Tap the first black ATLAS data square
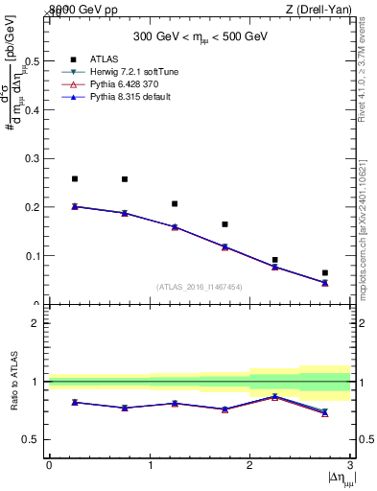tap(74, 179)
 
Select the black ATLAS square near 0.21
tap(175, 203)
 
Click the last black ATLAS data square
tap(325, 273)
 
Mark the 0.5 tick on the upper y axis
tap(35, 61)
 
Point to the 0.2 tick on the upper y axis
tap(35, 207)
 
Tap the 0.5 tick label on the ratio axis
tap(33, 440)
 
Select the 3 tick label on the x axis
tap(350, 465)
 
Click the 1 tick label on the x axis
tap(150, 465)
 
